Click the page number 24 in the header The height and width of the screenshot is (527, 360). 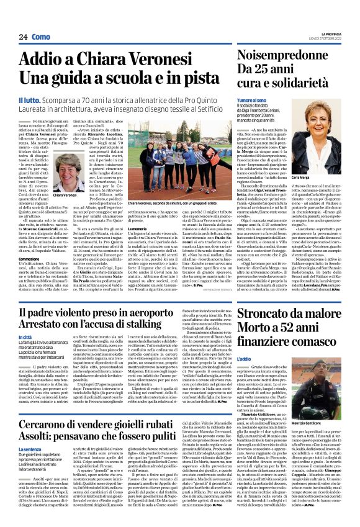click(x=22, y=37)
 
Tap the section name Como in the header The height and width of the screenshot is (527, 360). click(x=42, y=37)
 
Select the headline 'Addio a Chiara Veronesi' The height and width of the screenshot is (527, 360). click(x=106, y=60)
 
